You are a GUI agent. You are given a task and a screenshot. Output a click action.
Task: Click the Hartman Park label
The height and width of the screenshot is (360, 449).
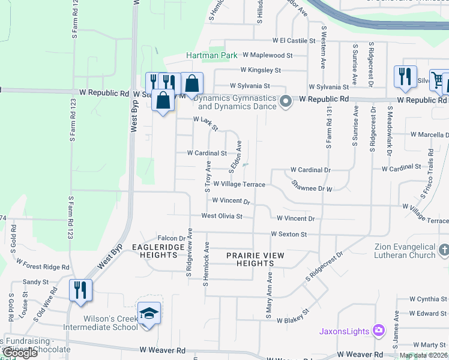coord(208,55)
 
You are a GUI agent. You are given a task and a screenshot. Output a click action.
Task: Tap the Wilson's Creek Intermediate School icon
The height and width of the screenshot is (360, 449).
coord(149,313)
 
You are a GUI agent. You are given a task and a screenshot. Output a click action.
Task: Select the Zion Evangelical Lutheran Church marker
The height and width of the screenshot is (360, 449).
coord(443,249)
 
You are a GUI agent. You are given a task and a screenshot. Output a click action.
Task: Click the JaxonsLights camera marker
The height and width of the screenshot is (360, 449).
coord(378,330)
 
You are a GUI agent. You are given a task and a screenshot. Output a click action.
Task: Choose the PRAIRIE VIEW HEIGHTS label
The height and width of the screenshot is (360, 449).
coord(255,259)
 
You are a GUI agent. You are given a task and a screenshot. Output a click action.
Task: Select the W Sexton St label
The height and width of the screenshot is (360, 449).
coord(289,234)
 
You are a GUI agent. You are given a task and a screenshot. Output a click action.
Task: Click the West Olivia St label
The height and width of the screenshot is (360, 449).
coord(221,216)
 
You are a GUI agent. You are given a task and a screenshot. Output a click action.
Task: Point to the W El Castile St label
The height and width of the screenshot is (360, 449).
coord(294,41)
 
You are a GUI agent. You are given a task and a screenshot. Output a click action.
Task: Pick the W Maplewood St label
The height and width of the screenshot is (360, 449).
coord(267,55)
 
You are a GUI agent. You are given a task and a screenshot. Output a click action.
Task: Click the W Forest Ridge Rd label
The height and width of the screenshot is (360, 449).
coord(43,265)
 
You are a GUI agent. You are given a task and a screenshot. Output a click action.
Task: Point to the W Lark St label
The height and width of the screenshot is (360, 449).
coord(205,124)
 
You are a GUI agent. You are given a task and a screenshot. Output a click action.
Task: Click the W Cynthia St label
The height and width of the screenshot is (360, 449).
coord(427,299)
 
